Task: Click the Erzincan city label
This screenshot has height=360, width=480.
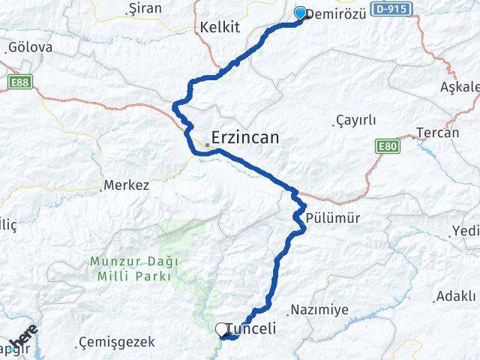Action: (x=245, y=138)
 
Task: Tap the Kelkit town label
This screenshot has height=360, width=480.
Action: (x=220, y=27)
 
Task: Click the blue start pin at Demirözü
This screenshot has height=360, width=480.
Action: (x=301, y=13)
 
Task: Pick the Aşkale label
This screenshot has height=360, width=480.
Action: (x=460, y=87)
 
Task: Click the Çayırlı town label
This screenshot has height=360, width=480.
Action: (x=356, y=120)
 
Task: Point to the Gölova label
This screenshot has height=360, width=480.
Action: (x=31, y=47)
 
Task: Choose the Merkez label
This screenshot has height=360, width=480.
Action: (x=127, y=184)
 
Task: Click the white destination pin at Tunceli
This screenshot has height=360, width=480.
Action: (x=222, y=329)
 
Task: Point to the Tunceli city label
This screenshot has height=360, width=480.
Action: (x=251, y=329)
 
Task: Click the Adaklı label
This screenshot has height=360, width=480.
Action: (x=457, y=296)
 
